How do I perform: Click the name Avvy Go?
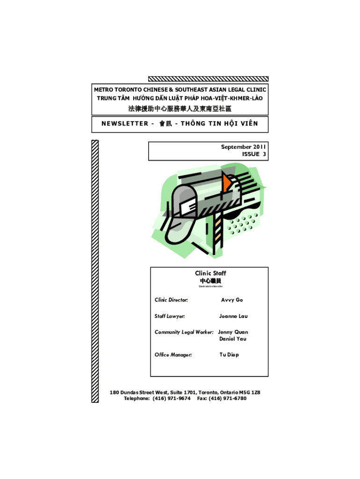tap(232, 300)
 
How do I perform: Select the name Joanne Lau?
tap(233, 316)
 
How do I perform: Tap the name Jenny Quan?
tap(233, 332)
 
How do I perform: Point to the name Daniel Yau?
tap(233, 339)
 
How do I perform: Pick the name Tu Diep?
tap(229, 355)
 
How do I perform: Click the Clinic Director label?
tap(171, 300)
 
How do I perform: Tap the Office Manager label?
tap(173, 355)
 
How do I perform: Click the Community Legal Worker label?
tap(184, 332)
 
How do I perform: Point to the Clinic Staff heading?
tap(210, 273)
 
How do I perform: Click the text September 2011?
tap(243, 147)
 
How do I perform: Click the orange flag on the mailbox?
tap(228, 182)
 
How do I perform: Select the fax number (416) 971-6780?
tap(229, 399)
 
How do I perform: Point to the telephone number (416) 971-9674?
tap(172, 399)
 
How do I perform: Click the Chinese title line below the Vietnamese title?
tap(180, 109)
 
